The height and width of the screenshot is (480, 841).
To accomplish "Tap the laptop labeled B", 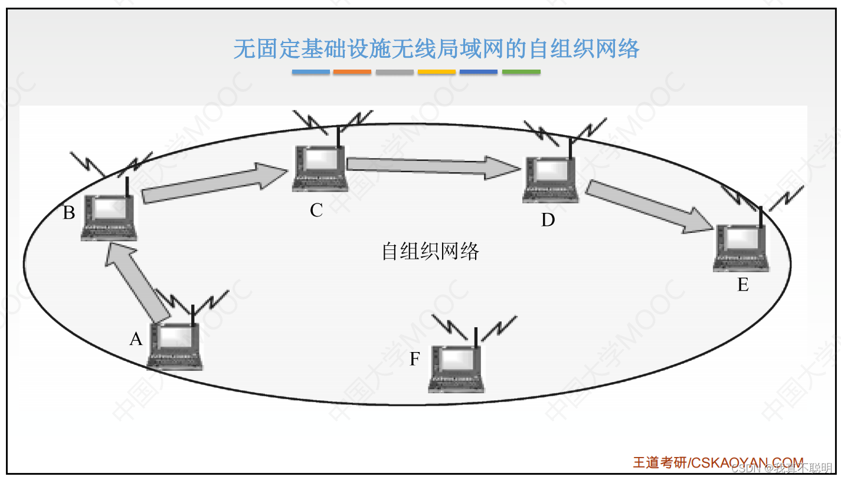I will [x=109, y=216].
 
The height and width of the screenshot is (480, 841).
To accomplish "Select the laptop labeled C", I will [x=319, y=168].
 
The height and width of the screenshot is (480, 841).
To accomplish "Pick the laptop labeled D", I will [x=550, y=179].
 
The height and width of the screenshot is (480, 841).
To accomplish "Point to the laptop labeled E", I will [x=741, y=248].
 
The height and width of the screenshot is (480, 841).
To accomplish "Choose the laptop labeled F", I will [x=456, y=369].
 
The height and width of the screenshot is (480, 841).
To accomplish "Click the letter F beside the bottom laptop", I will [x=415, y=359].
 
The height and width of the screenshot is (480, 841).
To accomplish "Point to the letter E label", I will [x=742, y=285].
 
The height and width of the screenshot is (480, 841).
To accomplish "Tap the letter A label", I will [x=136, y=339].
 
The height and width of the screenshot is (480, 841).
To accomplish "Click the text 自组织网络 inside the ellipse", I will [x=430, y=252].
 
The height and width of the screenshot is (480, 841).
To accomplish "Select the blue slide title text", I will [x=436, y=49].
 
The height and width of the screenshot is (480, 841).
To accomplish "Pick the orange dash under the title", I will [x=352, y=72].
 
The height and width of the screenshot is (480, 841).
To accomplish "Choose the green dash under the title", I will [x=521, y=72].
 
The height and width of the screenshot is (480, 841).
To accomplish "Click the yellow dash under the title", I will [x=437, y=72].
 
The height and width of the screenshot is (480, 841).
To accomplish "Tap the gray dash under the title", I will [x=394, y=72].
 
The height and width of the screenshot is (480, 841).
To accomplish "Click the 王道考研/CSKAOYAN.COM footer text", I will [x=718, y=462].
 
